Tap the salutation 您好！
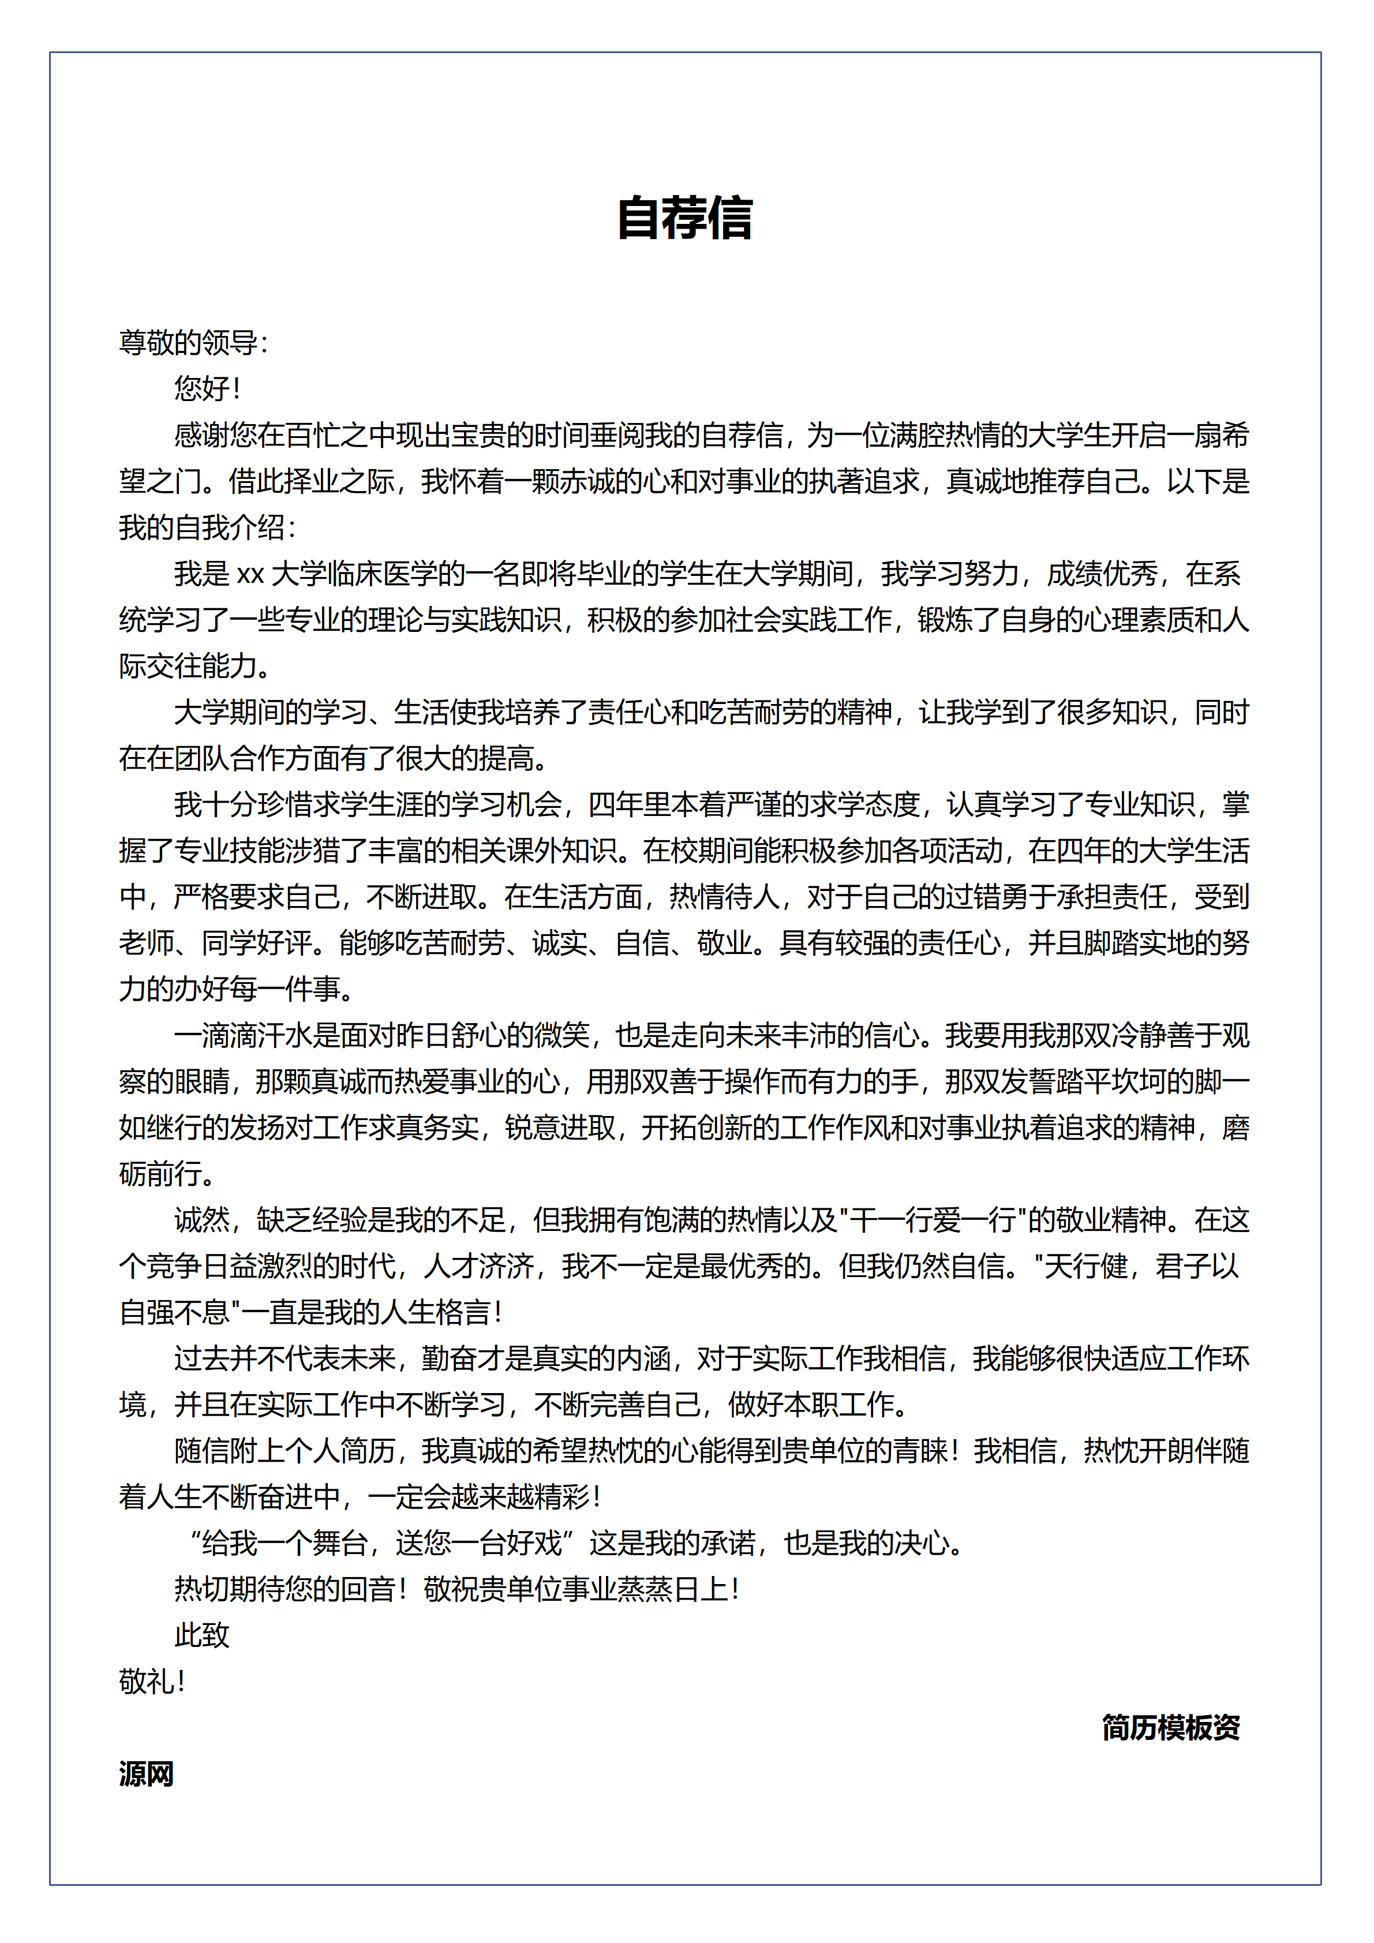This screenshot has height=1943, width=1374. [207, 388]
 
